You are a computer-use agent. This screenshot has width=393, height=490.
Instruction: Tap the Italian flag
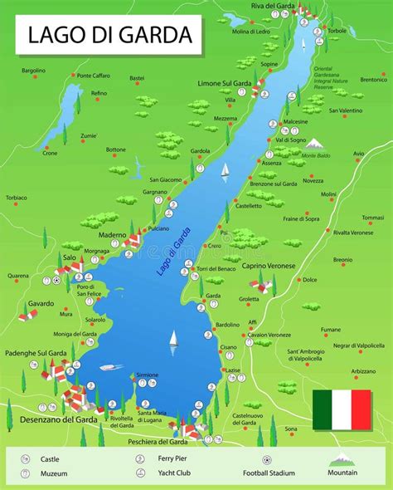click(342, 409)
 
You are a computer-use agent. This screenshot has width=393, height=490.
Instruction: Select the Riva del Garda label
click(274, 6)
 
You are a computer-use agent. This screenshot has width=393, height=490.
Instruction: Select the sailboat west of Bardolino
click(173, 338)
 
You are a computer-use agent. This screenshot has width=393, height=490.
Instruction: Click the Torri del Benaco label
click(217, 269)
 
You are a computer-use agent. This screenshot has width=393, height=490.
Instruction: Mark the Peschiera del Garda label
click(161, 442)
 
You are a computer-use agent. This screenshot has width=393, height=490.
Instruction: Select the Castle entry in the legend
click(49, 458)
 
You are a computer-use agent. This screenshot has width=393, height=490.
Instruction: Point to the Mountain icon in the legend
click(341, 458)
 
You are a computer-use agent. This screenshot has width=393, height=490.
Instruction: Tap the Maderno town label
click(112, 234)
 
